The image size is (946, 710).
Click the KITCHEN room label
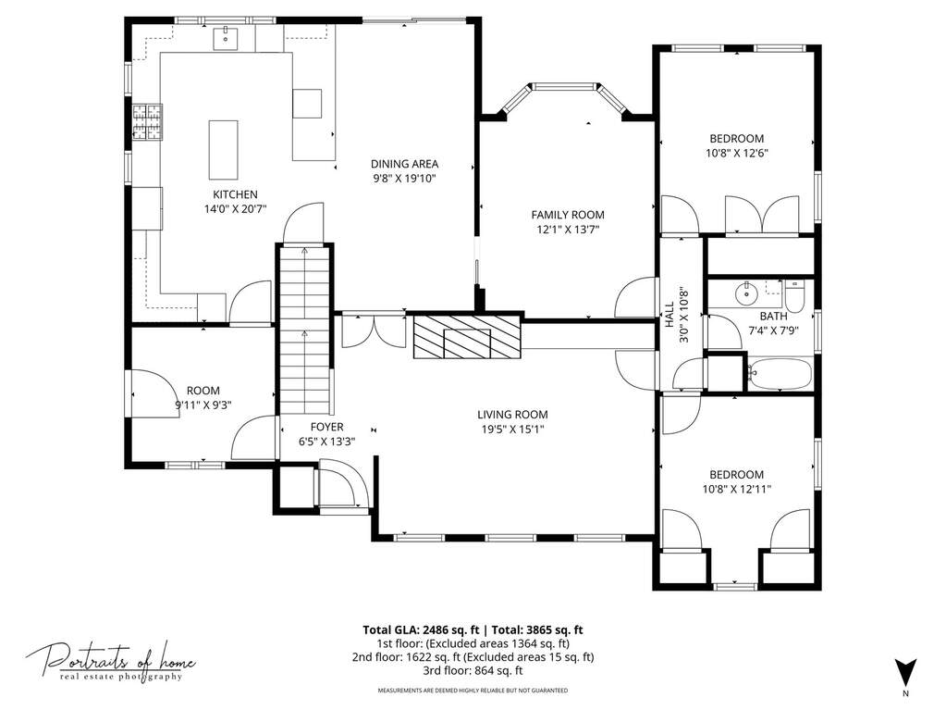point(235,194)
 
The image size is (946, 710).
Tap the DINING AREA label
point(404,164)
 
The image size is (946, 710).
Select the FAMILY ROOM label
point(568,215)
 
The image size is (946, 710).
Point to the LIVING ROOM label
point(513,415)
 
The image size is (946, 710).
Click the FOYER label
point(327,427)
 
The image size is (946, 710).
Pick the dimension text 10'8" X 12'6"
point(737,154)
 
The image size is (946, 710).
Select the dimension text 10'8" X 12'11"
point(737,490)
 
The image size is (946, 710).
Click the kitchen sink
point(226,37)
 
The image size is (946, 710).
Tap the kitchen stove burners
point(148,122)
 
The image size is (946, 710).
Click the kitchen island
point(223,150)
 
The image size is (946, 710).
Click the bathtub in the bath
point(780,374)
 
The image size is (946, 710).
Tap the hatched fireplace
point(467,337)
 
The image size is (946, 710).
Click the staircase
point(304,329)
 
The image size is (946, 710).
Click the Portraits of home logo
point(110,662)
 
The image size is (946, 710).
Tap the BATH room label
point(773,316)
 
